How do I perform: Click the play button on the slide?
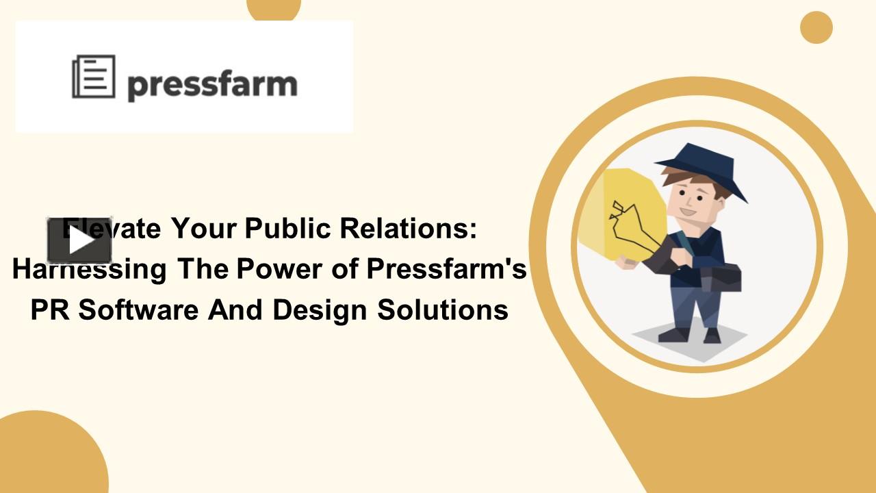pos(79,241)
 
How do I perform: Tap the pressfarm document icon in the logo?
pos(94,77)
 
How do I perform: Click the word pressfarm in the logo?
pos(212,85)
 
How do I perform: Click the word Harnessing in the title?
pos(89,269)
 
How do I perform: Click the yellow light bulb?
pos(626,212)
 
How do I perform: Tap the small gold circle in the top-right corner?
pos(816,27)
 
